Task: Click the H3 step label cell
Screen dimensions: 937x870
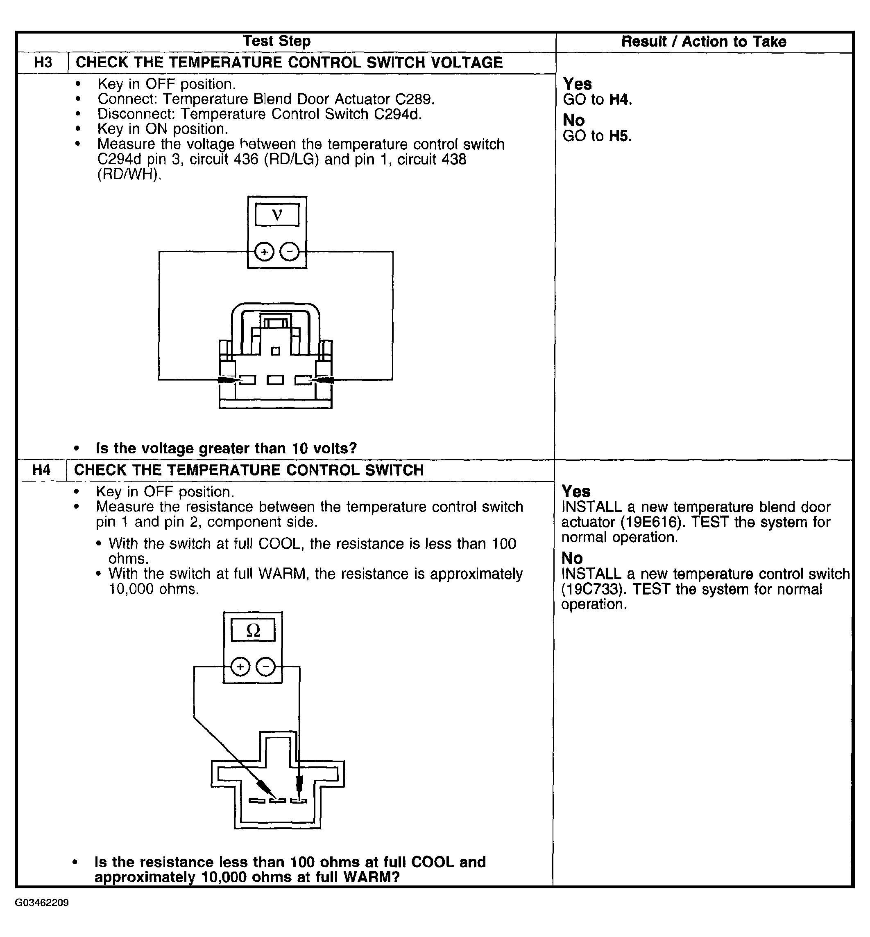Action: (x=43, y=63)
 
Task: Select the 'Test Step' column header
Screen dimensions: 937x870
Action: (x=277, y=41)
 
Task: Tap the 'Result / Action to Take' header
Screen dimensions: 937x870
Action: (x=703, y=42)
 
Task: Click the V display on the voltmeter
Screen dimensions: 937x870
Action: (x=277, y=215)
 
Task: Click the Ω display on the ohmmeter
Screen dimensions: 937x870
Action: (x=253, y=630)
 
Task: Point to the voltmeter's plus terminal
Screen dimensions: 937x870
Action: (x=265, y=252)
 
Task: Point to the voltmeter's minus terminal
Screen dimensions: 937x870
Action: (x=290, y=252)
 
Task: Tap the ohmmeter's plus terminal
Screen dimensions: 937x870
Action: (x=240, y=667)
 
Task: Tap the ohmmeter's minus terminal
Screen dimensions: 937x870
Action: (x=265, y=667)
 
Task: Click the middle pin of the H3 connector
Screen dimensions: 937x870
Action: (x=275, y=380)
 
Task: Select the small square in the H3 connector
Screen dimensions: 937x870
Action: (x=275, y=351)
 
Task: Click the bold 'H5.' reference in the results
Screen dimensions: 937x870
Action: (x=620, y=136)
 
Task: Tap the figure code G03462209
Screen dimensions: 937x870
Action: (x=42, y=903)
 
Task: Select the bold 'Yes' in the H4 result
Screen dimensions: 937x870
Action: (x=576, y=491)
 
